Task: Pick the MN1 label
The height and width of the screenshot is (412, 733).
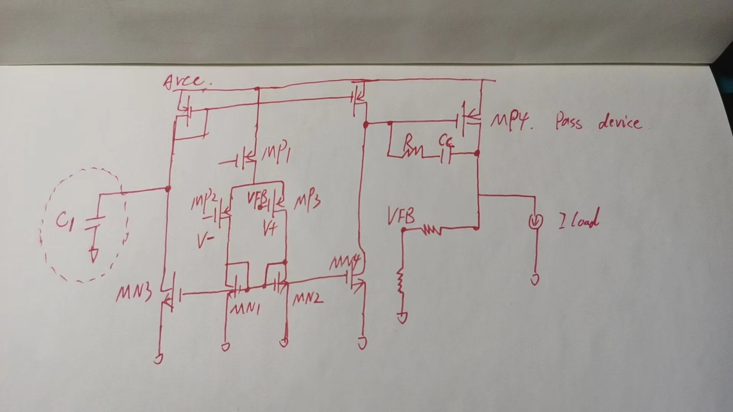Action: click(x=245, y=308)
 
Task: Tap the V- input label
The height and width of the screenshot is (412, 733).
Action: click(x=205, y=241)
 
